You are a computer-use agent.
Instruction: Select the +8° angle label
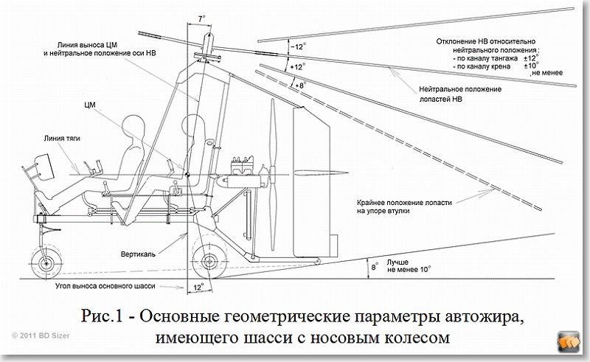coord(298,86)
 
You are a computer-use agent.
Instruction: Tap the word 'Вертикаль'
coord(137,252)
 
